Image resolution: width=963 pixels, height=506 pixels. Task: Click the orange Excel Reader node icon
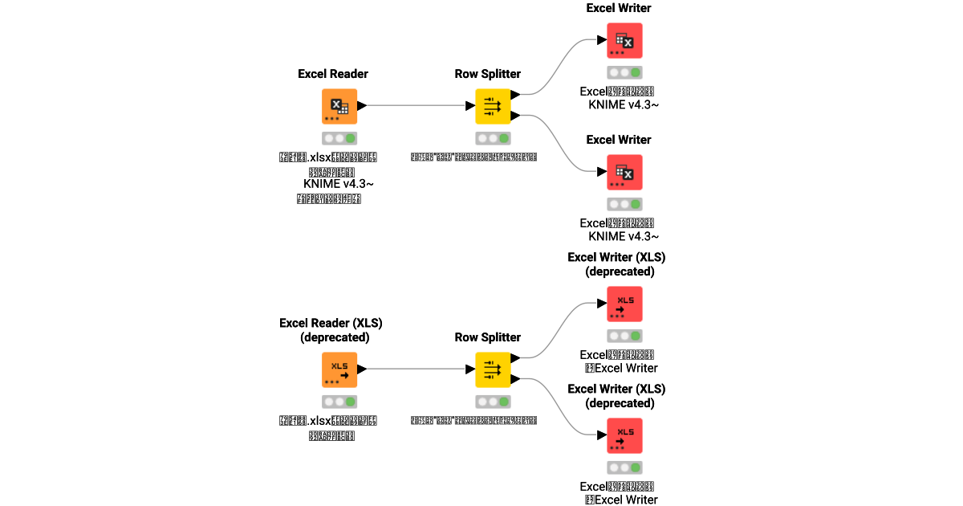[339, 106]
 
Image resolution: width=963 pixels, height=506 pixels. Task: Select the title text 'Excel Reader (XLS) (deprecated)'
[331, 330]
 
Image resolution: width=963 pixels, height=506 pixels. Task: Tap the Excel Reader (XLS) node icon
[339, 369]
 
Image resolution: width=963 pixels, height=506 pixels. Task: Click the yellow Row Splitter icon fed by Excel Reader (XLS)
[493, 369]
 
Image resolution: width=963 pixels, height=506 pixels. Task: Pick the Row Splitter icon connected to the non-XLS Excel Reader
[493, 106]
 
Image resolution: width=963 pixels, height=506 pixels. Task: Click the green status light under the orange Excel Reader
[351, 138]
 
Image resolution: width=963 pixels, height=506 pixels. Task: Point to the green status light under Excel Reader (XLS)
[351, 402]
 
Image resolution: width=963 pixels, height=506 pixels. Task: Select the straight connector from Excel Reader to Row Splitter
[413, 105]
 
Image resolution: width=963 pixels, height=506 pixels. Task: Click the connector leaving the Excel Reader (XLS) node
[413, 369]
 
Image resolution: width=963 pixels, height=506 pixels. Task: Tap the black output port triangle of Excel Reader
[362, 105]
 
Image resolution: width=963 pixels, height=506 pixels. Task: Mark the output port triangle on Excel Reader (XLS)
[362, 369]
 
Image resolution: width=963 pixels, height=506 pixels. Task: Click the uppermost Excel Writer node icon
[624, 40]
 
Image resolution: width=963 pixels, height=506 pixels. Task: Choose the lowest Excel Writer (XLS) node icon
[624, 435]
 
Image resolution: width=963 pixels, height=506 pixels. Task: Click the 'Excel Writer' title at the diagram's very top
[619, 8]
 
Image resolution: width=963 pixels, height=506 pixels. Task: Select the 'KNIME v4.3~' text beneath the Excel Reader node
[339, 184]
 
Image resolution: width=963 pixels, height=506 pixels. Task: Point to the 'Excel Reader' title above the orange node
[333, 74]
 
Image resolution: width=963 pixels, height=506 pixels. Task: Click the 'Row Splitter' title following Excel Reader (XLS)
[488, 337]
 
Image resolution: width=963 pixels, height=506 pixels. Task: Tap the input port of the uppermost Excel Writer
[601, 40]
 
